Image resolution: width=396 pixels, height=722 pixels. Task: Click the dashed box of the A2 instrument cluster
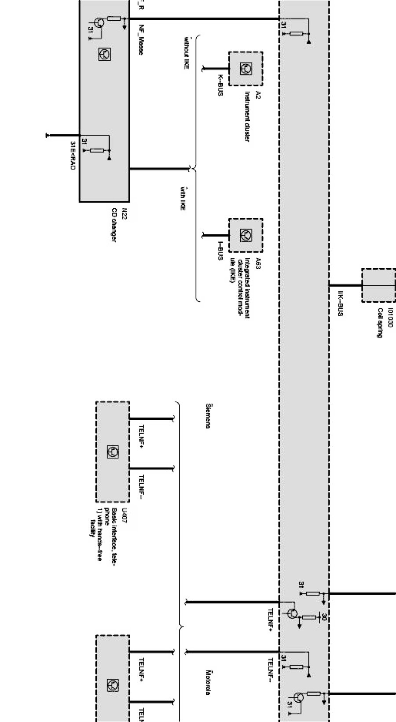pyautogui.click(x=246, y=68)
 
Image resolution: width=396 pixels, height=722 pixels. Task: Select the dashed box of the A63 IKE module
pyautogui.click(x=246, y=235)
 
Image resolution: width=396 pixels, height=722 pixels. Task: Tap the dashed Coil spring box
pyautogui.click(x=378, y=285)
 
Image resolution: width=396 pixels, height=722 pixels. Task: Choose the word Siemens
pyautogui.click(x=208, y=415)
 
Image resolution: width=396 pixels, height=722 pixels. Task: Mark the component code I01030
pyautogui.click(x=390, y=318)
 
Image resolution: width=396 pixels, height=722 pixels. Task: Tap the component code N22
pyautogui.click(x=124, y=213)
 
